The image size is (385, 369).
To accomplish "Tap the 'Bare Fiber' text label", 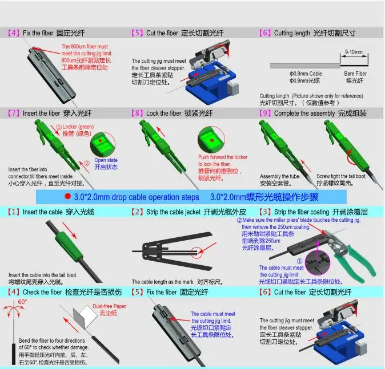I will click(355, 74).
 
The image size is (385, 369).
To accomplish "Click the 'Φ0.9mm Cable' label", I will click(306, 74).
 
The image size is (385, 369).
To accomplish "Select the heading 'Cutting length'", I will click(292, 33).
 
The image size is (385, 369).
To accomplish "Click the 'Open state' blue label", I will click(106, 160).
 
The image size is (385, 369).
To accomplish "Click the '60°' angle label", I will click(23, 302).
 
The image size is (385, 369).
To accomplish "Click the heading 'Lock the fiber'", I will click(166, 113).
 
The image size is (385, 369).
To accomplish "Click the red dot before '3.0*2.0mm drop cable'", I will click(67, 197).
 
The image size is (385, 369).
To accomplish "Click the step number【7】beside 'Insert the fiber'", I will click(14, 113).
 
